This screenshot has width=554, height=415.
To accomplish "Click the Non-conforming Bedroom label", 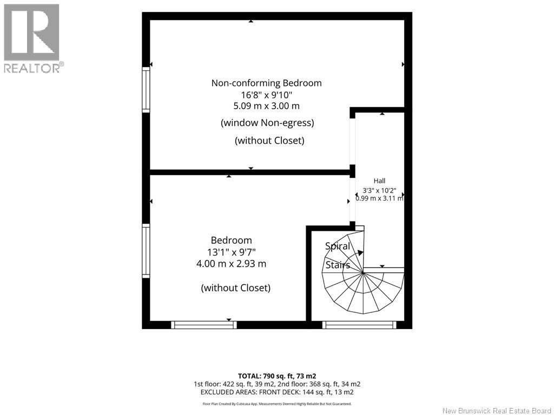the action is click(266, 83).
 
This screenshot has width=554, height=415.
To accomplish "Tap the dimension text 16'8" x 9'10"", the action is click(267, 95).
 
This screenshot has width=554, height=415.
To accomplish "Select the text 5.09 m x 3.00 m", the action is click(266, 106).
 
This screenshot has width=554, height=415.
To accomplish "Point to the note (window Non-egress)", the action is click(267, 123).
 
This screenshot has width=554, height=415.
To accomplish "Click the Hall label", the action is click(379, 180).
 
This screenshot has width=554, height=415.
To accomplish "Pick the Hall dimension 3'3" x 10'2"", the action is click(379, 190).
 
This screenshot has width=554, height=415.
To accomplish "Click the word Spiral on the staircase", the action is click(338, 246).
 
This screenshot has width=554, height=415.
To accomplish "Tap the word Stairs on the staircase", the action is click(338, 265).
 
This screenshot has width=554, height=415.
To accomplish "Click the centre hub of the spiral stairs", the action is click(363, 272).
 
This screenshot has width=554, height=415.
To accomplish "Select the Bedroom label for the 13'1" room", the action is click(232, 240).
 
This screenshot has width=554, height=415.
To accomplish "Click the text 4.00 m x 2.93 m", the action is click(232, 264).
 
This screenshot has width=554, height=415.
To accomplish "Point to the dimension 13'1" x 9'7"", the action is click(232, 252).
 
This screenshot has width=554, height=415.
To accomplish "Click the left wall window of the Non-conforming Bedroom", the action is click(146, 90).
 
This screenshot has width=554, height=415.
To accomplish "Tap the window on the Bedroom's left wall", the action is click(146, 251).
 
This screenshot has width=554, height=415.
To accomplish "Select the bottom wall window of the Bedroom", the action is click(204, 325).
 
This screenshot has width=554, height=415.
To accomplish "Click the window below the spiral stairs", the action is click(359, 325).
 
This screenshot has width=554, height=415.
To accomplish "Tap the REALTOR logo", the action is click(32, 38).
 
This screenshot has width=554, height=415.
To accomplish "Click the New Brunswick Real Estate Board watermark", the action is click(497, 411).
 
